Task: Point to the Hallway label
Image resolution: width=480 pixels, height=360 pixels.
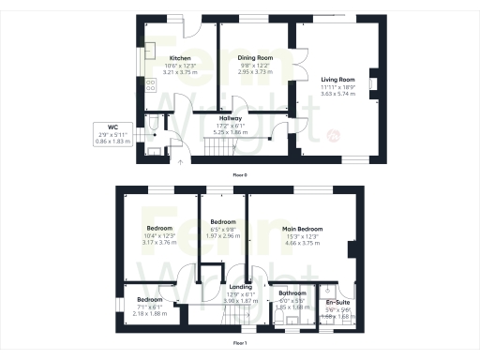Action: click(x=232, y=118)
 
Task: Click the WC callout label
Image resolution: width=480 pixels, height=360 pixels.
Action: click(x=112, y=127)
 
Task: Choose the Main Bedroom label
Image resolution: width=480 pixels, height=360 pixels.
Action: click(x=303, y=229)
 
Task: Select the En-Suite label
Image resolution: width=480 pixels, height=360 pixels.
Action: click(x=337, y=304)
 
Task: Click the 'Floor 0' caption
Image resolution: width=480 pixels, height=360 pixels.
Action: click(x=240, y=174)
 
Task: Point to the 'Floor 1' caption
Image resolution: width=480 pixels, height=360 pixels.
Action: click(x=240, y=344)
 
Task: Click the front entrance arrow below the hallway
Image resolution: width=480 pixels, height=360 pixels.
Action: click(x=181, y=161)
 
